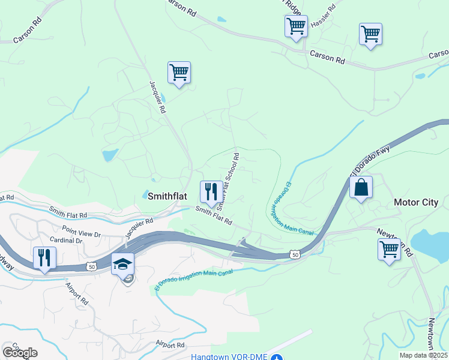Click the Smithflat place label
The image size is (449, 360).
167,196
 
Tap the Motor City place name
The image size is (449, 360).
416,202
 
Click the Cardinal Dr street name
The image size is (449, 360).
67,240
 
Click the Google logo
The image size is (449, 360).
20,353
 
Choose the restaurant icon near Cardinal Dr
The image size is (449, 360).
44,258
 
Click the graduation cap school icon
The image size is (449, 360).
122,265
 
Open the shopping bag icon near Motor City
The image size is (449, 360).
361,188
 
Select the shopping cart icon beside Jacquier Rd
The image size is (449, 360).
179,73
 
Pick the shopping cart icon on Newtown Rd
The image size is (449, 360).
389,248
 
